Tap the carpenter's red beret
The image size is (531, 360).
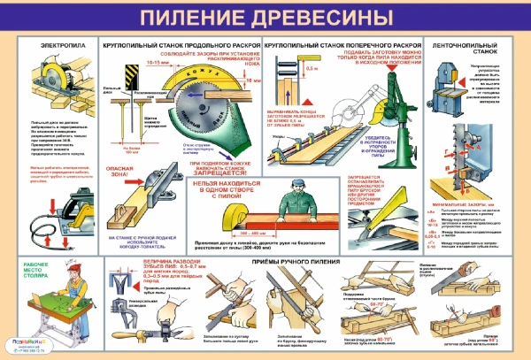pyautogui.click(x=32, y=262)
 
